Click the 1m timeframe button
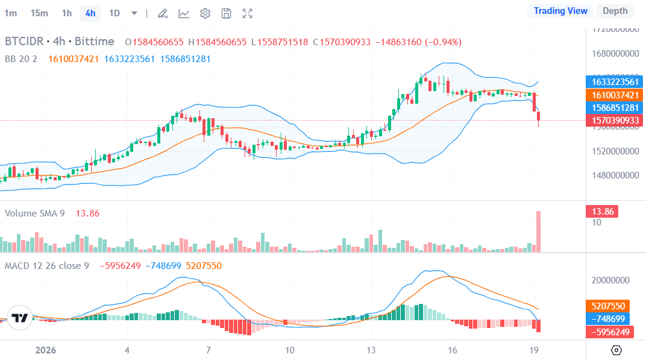tap(10, 13)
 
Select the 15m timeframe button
tap(39, 13)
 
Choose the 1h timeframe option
tap(67, 13)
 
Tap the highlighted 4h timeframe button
tap(90, 13)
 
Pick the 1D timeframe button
tap(114, 13)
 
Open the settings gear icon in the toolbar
tap(205, 13)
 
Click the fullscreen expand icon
tap(247, 13)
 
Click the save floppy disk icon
tap(226, 13)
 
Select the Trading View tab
tap(560, 11)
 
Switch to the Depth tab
tap(615, 11)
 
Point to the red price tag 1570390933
tap(614, 121)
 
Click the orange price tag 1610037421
tap(614, 95)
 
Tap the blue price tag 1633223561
tap(614, 82)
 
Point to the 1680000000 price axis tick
tap(614, 53)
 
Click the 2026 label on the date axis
tap(46, 350)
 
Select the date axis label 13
tap(371, 350)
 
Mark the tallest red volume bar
tap(538, 231)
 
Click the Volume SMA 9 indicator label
tap(35, 213)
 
